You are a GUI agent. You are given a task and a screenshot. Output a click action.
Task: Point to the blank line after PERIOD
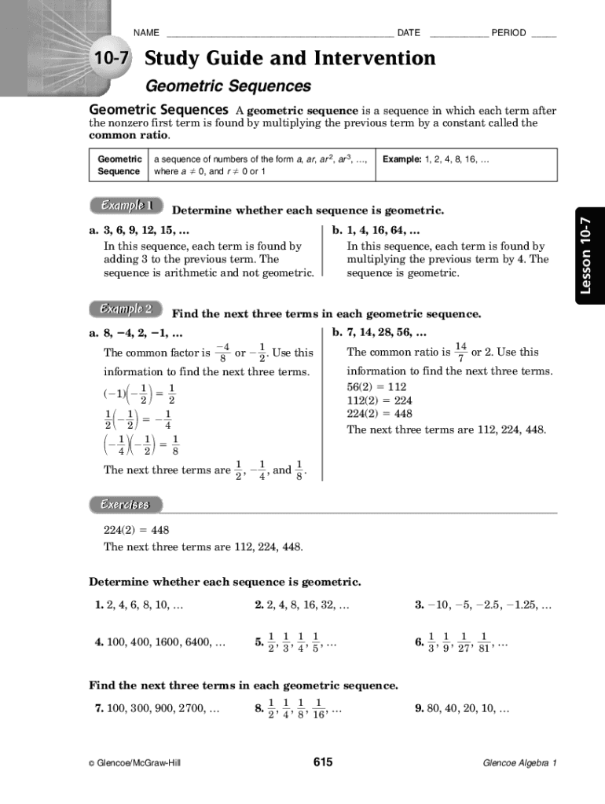pos(544,34)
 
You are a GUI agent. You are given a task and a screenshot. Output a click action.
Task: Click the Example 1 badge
pos(125,206)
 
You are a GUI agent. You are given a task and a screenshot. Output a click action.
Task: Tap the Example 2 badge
pos(125,309)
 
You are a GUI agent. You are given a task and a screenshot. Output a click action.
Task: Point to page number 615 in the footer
pos(323,762)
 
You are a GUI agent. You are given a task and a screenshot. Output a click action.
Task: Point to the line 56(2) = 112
pos(376,387)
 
